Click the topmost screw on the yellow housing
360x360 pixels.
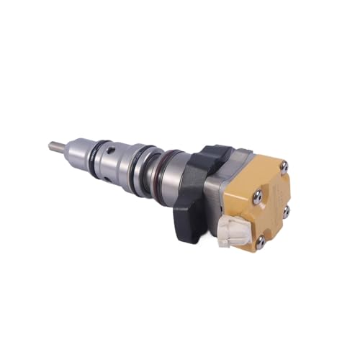click(285, 166)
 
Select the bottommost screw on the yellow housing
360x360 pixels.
click(260, 243)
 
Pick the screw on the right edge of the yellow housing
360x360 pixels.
click(286, 211)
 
